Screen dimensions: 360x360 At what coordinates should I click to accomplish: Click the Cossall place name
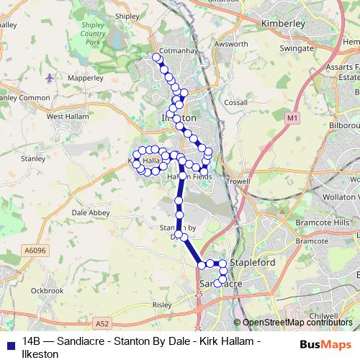pos(235,103)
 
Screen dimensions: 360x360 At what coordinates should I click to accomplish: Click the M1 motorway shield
pos(292,117)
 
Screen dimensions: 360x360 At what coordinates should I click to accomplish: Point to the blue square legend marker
pos(7,343)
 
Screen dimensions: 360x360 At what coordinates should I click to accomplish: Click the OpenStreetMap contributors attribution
pos(297,323)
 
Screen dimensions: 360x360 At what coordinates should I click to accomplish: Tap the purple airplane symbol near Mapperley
pos(49,77)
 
